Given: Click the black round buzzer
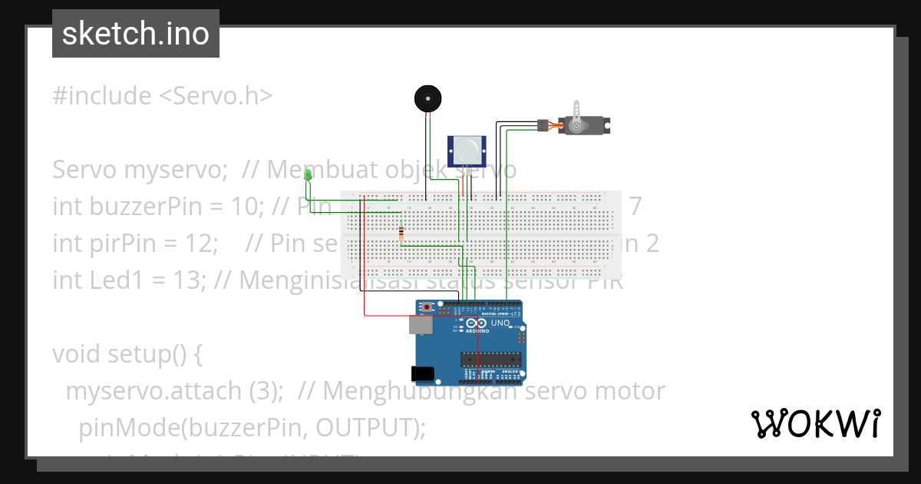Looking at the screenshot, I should tap(429, 98).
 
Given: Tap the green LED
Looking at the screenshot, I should tap(308, 176).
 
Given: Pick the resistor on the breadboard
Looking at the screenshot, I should tap(401, 234).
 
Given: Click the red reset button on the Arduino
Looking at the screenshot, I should tap(427, 307).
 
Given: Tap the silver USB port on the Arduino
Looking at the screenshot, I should tap(421, 326).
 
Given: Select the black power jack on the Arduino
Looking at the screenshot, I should tap(423, 374).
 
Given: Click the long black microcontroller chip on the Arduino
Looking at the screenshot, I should tap(490, 358).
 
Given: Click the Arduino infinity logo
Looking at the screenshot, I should tap(480, 324).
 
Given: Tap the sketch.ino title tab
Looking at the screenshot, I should tap(136, 34).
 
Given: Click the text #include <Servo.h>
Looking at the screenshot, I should tap(163, 96).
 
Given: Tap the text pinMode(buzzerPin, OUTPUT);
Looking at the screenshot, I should tap(252, 427).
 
